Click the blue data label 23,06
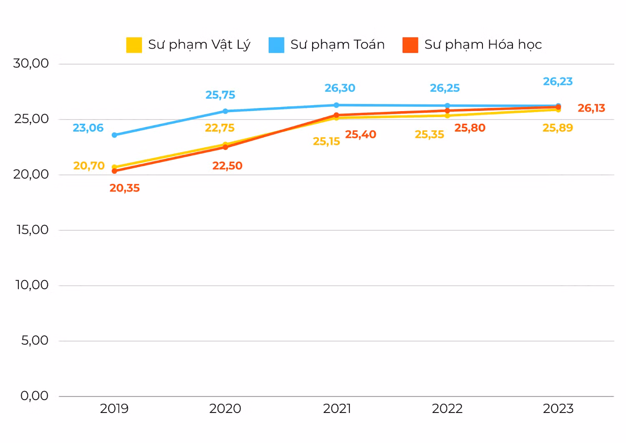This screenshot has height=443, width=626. pos(88,128)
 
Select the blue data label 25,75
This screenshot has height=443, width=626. pos(220,95)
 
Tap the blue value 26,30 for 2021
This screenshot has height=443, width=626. pos(340,88)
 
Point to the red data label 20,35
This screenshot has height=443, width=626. pos(124,188)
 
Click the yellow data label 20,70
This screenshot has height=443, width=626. pos(89,165)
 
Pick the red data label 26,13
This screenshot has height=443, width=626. pos(591,108)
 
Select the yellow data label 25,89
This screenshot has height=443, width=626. pos(558,128)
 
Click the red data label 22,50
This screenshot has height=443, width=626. pos(227,165)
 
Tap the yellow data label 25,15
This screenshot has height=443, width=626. pos(326,141)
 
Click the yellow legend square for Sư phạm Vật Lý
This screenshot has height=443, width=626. pos(134,45)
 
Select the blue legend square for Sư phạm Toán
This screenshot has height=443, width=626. pos(276,45)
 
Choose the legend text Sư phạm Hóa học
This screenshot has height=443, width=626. pos(483,45)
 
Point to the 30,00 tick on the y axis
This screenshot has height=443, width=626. pos(31,64)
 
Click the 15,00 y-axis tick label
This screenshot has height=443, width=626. pos(33,230)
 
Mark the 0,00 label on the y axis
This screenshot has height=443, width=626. pos(34,396)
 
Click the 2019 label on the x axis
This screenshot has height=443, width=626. pos(114,409)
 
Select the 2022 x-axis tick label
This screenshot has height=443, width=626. pos(447,409)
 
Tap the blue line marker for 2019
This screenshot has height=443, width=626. pos(114,135)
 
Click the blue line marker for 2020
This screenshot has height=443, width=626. pos(225,111)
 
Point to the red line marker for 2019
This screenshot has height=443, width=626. pos(114,171)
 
